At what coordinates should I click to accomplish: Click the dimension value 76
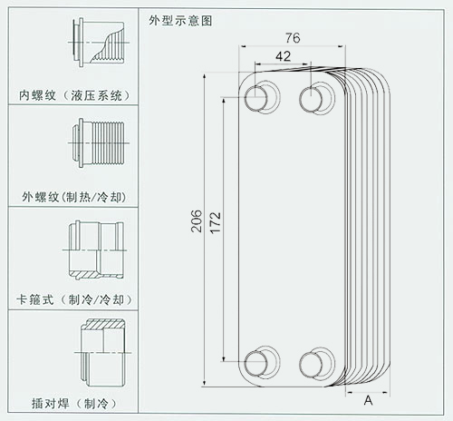pos(293,38)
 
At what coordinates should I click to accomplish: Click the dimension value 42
pos(283,56)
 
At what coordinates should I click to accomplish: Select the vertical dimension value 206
pos(197,221)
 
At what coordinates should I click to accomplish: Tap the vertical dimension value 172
pos(216,222)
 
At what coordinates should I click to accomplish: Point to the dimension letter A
pos(368,400)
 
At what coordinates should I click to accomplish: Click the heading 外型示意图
pos(180,21)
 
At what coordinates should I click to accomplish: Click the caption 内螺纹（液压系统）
pos(74,95)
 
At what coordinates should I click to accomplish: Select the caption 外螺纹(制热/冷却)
pos(74,197)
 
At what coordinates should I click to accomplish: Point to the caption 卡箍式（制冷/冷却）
pos(74,299)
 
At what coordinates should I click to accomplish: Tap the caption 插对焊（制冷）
pos(74,404)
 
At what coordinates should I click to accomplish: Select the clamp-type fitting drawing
pos(94,250)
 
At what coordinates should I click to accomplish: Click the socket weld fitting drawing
pos(102,352)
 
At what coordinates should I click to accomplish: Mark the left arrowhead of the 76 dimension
pos(243,46)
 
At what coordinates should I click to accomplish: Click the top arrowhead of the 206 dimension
pos(205,76)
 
